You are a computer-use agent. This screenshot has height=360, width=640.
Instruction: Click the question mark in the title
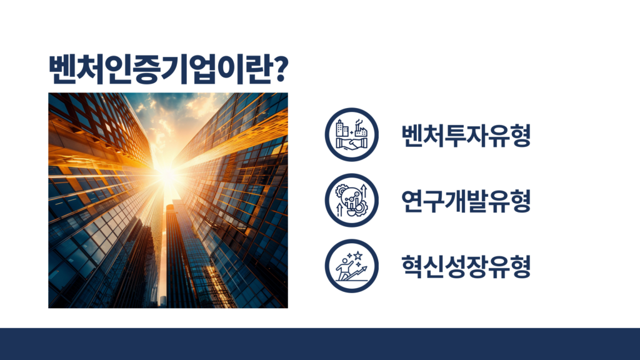pyautogui.click(x=279, y=69)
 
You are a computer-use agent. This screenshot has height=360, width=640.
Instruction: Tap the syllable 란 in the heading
pyautogui.click(x=256, y=69)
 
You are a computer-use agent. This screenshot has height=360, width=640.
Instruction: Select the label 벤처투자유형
pyautogui.click(x=466, y=135)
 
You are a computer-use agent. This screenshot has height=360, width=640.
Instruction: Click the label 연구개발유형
pyautogui.click(x=466, y=201)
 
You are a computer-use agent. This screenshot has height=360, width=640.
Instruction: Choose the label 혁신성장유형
pyautogui.click(x=466, y=266)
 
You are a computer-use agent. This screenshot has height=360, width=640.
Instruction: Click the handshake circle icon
pyautogui.click(x=352, y=135)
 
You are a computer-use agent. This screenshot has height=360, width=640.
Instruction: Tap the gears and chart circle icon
pyautogui.click(x=352, y=201)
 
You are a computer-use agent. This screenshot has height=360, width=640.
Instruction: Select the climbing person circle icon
pyautogui.click(x=352, y=266)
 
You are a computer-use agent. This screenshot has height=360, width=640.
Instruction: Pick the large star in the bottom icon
pyautogui.click(x=358, y=256)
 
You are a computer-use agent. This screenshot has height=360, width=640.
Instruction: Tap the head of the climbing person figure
pyautogui.click(x=346, y=259)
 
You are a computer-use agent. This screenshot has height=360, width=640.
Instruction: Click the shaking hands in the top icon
pyautogui.click(x=352, y=144)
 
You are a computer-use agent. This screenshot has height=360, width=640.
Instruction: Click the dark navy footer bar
pyautogui.click(x=320, y=344)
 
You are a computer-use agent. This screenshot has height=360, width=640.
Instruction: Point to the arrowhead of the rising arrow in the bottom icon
pyautogui.click(x=364, y=268)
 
